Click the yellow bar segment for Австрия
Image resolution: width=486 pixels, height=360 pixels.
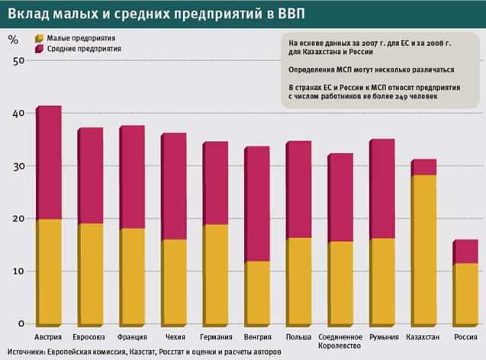pos(50,272)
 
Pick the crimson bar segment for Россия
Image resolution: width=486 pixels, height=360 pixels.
pos(465,252)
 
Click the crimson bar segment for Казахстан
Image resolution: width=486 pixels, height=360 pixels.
pos(423,167)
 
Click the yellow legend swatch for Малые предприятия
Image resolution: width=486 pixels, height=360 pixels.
pos(38,37)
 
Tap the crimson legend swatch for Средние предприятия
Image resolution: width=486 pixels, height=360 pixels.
pos(38,48)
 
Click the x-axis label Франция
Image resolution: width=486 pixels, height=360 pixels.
pos(133,336)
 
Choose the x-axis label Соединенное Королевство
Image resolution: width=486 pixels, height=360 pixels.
pos(340,339)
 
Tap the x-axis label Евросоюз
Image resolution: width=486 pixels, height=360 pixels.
pos(91,336)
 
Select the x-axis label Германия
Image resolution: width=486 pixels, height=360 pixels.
pos(216,336)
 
